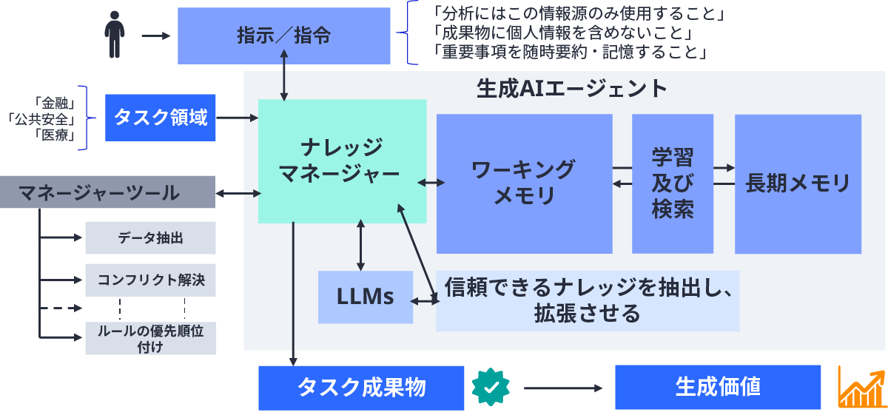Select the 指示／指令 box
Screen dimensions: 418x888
pos(283,36)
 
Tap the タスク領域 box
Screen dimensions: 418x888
pos(160,118)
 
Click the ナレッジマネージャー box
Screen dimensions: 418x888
pos(342,161)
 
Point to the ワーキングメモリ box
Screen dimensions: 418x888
pos(524,183)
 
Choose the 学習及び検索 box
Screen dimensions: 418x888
pos(672,183)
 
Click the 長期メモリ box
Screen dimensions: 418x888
pos(798,183)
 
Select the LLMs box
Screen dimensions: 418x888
pos(365,297)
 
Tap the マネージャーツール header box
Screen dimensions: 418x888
pos(107,192)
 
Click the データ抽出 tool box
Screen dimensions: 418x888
pos(150,237)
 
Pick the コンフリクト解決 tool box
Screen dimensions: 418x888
pos(150,280)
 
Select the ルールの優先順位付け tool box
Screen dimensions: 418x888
pos(150,339)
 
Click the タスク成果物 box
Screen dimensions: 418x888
pos(361,387)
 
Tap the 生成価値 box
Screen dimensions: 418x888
pos(717,387)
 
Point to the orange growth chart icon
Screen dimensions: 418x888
pos(861,387)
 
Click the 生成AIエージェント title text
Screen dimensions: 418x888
pos(571,89)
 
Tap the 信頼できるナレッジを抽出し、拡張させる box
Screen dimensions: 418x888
pos(588,301)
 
